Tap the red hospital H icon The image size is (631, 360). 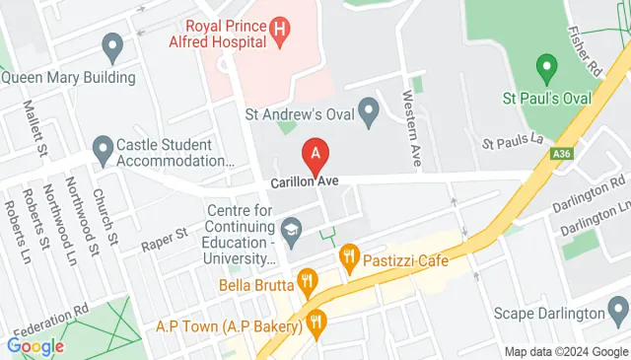279,31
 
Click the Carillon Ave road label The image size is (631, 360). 306,183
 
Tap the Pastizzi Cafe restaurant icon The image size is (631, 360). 348,261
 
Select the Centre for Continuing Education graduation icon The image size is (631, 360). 290,234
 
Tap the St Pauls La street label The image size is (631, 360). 513,144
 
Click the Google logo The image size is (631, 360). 35,346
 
